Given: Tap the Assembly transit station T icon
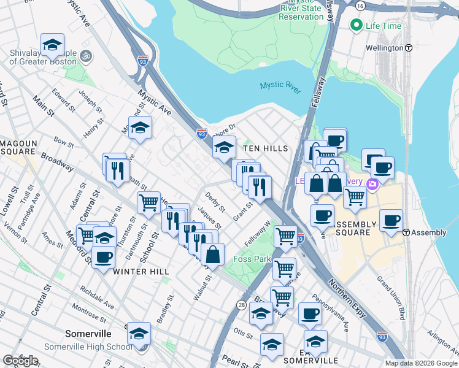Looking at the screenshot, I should point(406,232).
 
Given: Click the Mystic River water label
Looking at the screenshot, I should point(280,85).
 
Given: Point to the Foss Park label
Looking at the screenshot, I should point(254,259).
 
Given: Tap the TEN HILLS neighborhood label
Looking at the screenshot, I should point(264,149).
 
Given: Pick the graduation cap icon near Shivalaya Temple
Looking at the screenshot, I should point(53,45).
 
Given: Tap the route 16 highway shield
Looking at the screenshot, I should point(360,6).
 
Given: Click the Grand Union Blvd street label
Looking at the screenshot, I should point(391,298).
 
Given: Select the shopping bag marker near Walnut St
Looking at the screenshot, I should point(212,255).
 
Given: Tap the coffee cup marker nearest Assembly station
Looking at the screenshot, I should point(391,220).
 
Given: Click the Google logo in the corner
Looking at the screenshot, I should point(20,361).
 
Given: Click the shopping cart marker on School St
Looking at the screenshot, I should point(148,202).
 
